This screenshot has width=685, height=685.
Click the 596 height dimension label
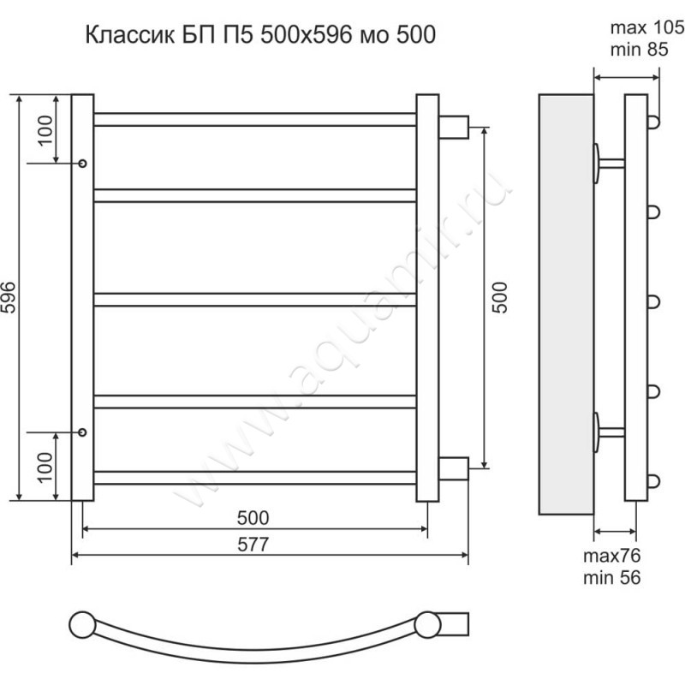pos(9,297)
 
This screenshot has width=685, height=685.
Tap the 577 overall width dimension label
pos(253,545)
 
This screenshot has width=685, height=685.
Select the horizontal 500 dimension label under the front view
pos(253,518)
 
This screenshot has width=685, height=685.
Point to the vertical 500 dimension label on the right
pos(501,297)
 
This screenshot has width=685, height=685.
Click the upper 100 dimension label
pos(45,130)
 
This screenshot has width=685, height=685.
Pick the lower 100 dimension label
pos(45,467)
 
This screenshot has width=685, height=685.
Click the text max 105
pos(647,27)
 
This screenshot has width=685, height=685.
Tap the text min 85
pos(639,50)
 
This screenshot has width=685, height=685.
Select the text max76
pos(611,556)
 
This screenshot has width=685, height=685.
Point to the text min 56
pos(611,577)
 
